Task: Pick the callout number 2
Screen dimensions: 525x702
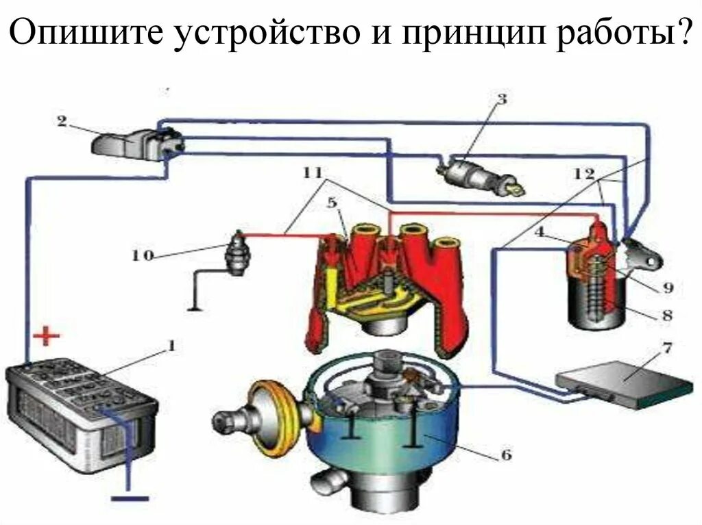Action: [x=62, y=121]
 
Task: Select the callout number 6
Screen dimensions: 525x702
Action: [x=506, y=454]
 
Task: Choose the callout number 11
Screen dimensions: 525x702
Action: [x=313, y=173]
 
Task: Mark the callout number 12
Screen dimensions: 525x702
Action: [x=584, y=174]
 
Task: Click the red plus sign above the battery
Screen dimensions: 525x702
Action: [x=46, y=337]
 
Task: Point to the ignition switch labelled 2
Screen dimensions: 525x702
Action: [x=137, y=142]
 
